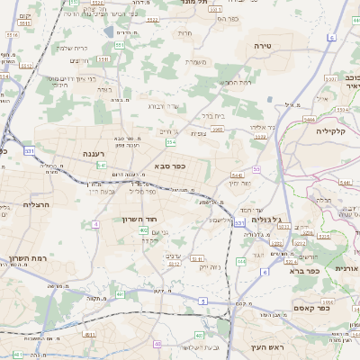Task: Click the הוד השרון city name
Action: coord(140,219)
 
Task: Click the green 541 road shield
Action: coord(103,166)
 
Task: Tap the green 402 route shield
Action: coord(144,230)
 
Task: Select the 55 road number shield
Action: coord(256,168)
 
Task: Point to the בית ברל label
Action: coord(211,115)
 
